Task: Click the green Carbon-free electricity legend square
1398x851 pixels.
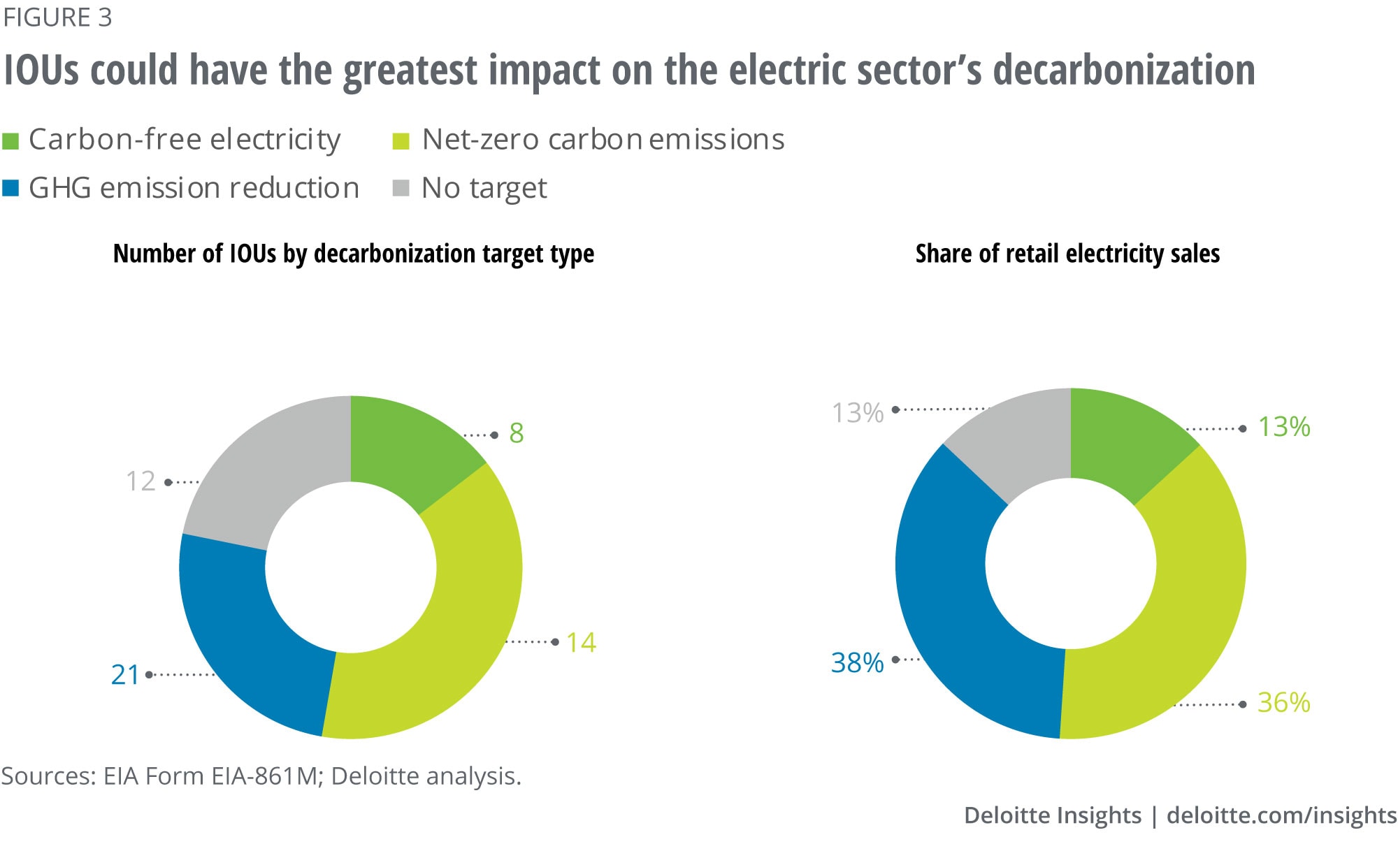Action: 10,141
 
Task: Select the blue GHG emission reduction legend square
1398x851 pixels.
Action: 10,189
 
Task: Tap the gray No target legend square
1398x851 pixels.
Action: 401,189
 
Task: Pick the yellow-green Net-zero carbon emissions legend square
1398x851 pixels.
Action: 401,141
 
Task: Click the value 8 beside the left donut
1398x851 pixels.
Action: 517,433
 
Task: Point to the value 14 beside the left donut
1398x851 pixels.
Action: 581,643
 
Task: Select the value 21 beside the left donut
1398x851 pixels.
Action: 125,675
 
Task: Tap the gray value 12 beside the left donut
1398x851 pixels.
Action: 140,481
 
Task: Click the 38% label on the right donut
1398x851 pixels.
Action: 857,662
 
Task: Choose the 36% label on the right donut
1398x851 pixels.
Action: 1283,703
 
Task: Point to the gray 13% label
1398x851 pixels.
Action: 858,413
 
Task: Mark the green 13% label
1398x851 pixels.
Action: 1284,427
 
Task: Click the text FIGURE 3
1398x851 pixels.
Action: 57,17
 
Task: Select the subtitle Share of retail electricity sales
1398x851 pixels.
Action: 1067,254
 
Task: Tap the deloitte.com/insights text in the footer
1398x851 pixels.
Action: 1281,815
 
